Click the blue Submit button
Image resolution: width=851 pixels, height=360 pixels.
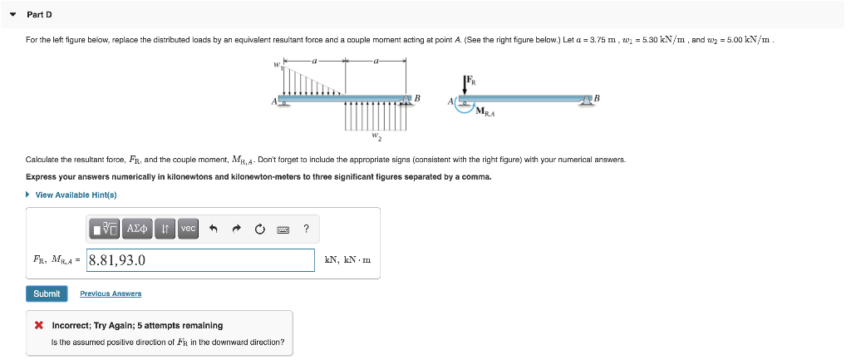coord(47,293)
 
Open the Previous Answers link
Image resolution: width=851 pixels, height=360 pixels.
coord(111,293)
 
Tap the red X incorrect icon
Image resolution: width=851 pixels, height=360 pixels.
coord(39,325)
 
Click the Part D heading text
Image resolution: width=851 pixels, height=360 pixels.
coord(39,14)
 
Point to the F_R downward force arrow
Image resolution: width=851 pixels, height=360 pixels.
coord(465,87)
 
